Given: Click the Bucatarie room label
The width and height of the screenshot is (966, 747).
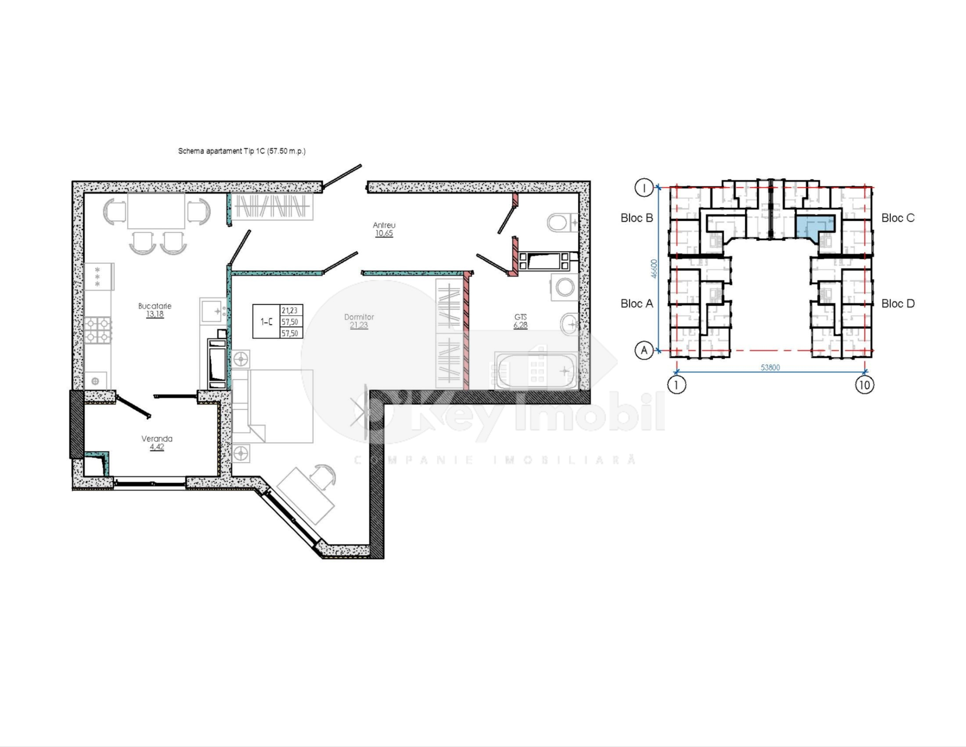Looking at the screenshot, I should (155, 306).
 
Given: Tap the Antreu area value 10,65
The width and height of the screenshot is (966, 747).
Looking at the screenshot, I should (384, 234).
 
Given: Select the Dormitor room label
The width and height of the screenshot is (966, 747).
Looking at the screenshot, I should (359, 317).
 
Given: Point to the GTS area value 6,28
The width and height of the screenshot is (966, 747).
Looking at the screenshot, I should (520, 325).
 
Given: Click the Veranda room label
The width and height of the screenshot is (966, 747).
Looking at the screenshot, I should (157, 439).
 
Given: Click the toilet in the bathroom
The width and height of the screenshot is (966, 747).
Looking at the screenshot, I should (560, 223).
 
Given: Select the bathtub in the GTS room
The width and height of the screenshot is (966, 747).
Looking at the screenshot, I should (536, 371).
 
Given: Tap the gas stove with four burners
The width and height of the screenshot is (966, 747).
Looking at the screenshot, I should (98, 330).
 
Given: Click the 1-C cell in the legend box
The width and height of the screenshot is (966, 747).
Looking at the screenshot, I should (266, 322).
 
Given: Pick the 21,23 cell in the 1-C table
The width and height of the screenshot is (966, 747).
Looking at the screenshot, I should (290, 311).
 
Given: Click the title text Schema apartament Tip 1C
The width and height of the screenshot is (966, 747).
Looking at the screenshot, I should (241, 151).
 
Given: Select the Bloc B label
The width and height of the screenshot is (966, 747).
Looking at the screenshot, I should (637, 218).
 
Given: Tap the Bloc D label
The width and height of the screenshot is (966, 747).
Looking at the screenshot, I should (898, 304).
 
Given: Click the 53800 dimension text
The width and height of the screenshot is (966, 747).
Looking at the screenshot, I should (770, 367).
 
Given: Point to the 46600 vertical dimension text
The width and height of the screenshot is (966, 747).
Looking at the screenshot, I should (654, 268).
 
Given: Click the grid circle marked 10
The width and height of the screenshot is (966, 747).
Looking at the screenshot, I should (864, 384).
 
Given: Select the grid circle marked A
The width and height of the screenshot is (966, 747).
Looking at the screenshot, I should (644, 351).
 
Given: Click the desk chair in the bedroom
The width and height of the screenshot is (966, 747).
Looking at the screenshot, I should (323, 476).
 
